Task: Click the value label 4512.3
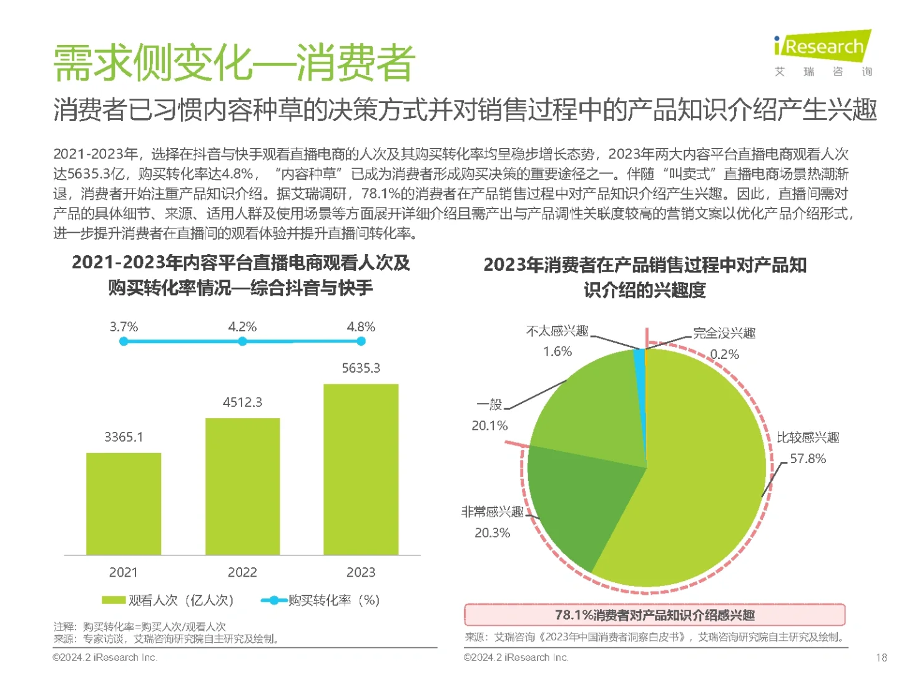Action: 242,403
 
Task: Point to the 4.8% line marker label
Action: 361,327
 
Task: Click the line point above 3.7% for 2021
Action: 124,341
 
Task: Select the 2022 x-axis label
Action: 242,572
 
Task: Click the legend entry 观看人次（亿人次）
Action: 169,600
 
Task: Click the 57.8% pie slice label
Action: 807,459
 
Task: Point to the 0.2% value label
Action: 724,354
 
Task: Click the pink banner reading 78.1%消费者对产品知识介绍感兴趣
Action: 654,615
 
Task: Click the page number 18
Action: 881,657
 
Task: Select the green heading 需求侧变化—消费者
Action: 234,63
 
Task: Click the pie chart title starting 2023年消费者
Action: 645,277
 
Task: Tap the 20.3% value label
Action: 492,533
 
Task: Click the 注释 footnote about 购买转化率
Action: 140,627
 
